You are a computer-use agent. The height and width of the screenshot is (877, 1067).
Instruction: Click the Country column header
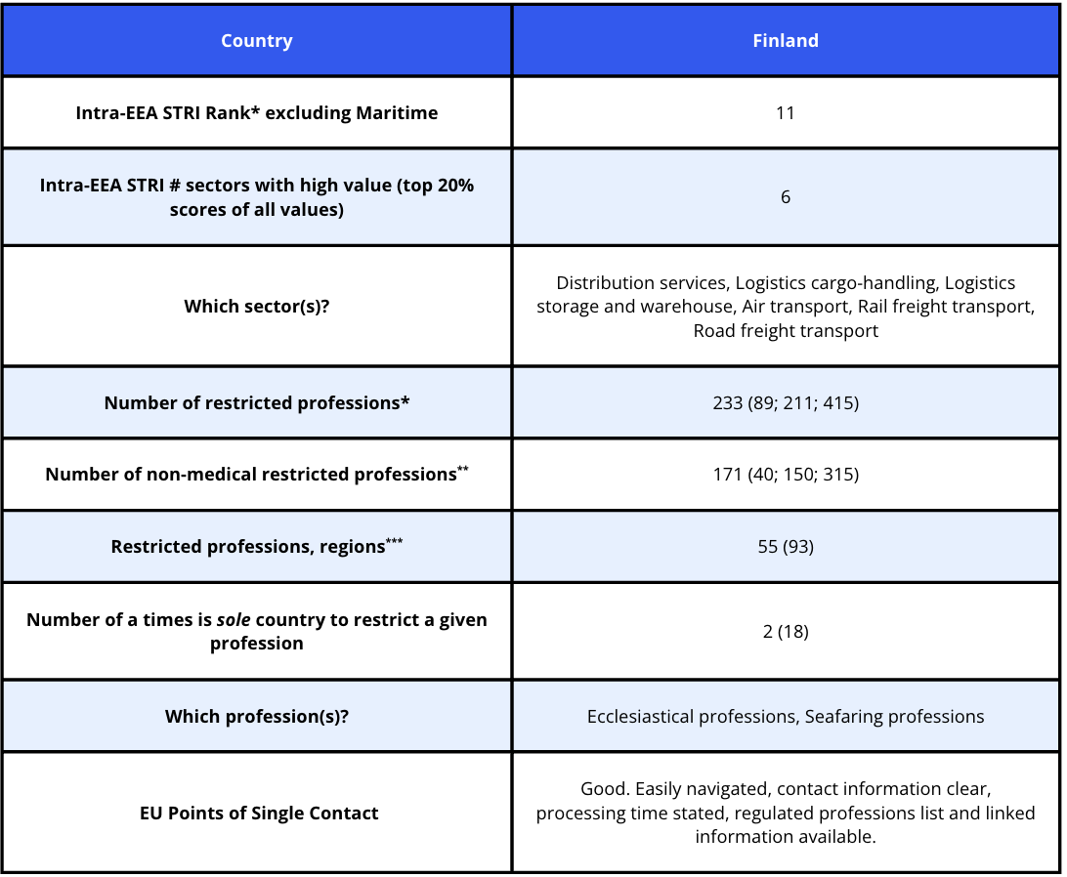[256, 41]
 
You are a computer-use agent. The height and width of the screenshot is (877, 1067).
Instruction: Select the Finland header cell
[786, 41]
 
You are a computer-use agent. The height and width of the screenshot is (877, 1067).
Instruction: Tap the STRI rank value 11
[786, 113]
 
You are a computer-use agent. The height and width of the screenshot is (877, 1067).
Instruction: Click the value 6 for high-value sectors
[786, 197]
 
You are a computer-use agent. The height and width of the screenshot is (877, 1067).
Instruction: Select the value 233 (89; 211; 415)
[786, 402]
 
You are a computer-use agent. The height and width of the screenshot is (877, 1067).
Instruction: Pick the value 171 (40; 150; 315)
[786, 475]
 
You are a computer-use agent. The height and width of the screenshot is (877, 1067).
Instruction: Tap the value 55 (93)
[786, 547]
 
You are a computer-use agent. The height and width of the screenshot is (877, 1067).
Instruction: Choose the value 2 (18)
[786, 632]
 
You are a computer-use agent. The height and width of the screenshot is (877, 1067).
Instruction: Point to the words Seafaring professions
[894, 717]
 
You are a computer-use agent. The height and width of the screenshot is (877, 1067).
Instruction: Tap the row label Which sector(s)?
[256, 307]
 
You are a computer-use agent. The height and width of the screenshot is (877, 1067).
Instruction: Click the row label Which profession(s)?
[256, 717]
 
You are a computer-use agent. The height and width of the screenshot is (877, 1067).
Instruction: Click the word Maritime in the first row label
[400, 113]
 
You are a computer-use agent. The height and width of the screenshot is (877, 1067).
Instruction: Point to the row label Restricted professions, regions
[247, 547]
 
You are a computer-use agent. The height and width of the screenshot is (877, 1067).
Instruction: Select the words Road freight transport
[786, 331]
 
